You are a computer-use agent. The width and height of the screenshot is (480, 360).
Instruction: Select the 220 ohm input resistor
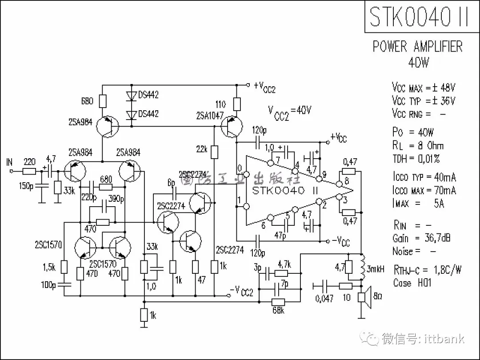pyautogui.click(x=29, y=171)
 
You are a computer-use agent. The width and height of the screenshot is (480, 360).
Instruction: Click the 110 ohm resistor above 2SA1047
pyautogui.click(x=237, y=104)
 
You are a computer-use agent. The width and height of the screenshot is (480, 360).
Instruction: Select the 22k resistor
pyautogui.click(x=214, y=152)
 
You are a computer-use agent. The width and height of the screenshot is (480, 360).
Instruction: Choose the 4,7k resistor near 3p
pyautogui.click(x=283, y=272)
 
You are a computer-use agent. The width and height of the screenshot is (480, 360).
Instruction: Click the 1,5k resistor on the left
pyautogui.click(x=64, y=267)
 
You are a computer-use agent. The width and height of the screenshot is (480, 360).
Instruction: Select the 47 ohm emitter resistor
pyautogui.click(x=195, y=267)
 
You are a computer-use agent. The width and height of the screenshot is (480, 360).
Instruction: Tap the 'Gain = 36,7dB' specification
pyautogui.click(x=421, y=238)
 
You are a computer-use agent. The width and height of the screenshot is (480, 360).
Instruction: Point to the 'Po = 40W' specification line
pyautogui.click(x=413, y=132)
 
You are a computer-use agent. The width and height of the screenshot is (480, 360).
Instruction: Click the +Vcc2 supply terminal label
pyautogui.click(x=264, y=87)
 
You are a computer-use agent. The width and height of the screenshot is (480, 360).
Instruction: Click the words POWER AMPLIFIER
pyautogui.click(x=418, y=47)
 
